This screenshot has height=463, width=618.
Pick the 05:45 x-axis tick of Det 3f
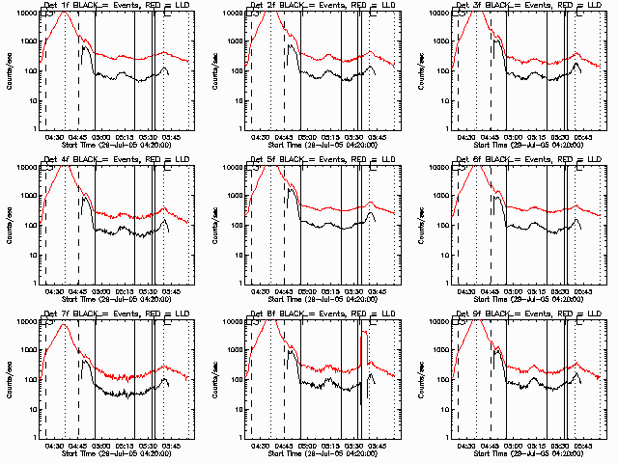583,138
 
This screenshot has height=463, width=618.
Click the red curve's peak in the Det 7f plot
65,325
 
